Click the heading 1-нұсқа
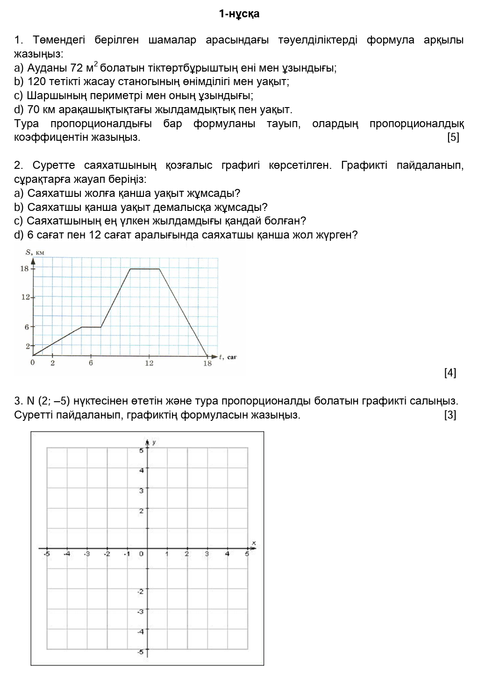(x=239, y=14)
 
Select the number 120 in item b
(x=36, y=82)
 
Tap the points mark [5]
(x=453, y=137)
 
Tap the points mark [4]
(x=450, y=373)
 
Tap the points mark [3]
(x=450, y=415)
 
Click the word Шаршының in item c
(x=57, y=96)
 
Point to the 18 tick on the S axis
(x=24, y=268)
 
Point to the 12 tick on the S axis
(x=25, y=297)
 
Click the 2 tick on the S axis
(x=27, y=346)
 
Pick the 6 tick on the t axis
(x=91, y=363)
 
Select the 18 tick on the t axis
(x=207, y=363)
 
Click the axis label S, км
(x=35, y=253)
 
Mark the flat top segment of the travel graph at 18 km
(x=145, y=269)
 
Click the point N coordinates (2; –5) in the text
(x=48, y=401)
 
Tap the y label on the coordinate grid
(x=154, y=442)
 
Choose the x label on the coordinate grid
(x=254, y=542)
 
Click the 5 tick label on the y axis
(x=141, y=450)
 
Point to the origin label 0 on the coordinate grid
(x=141, y=554)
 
